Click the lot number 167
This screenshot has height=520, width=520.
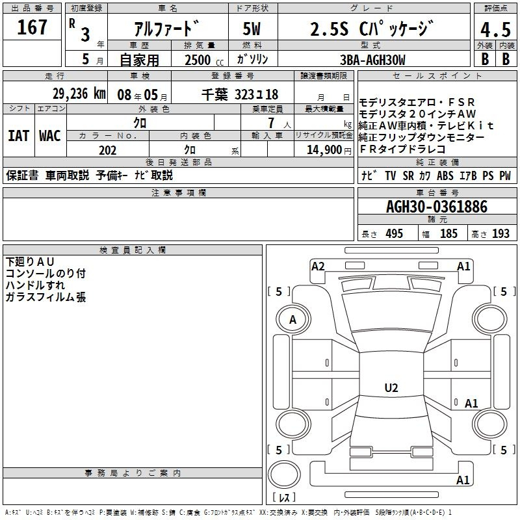[x=32, y=27]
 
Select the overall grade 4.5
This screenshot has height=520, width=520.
[x=495, y=30]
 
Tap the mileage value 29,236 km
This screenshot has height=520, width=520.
[x=79, y=94]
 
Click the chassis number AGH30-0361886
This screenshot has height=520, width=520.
[x=437, y=207]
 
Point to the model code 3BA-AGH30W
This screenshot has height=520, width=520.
[x=372, y=60]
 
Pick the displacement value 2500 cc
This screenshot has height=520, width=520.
[x=204, y=60]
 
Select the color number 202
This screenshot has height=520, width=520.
[x=107, y=150]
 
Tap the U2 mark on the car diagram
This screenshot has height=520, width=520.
[x=391, y=387]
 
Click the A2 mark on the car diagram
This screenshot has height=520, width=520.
[x=318, y=266]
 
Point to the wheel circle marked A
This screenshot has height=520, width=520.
[x=293, y=320]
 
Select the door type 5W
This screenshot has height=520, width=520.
[x=252, y=29]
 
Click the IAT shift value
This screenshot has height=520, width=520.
[x=18, y=136]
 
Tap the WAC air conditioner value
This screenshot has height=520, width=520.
[x=50, y=136]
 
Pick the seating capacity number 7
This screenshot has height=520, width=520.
[x=271, y=123]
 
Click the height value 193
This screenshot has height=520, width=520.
[x=500, y=233]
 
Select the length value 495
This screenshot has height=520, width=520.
[x=395, y=233]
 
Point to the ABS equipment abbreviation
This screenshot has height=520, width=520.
[x=445, y=175]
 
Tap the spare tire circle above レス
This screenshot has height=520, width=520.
[x=284, y=474]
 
